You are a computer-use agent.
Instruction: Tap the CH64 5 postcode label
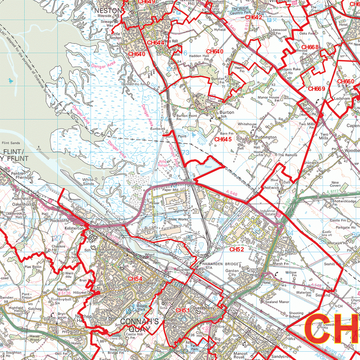coord(223,140)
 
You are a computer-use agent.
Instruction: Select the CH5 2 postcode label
coord(237,249)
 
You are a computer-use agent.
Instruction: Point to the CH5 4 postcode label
coord(135,279)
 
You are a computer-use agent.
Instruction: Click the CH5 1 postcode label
coord(182,310)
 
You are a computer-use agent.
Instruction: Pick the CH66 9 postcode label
coord(316,89)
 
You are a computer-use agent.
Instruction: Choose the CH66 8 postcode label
coord(310,47)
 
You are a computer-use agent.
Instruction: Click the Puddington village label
coord(266,137)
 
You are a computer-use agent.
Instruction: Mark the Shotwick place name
coord(270,188)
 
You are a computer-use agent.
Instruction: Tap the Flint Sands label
coord(11,143)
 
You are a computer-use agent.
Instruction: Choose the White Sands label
coord(88,181)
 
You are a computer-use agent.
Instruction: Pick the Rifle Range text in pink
coord(162,163)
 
